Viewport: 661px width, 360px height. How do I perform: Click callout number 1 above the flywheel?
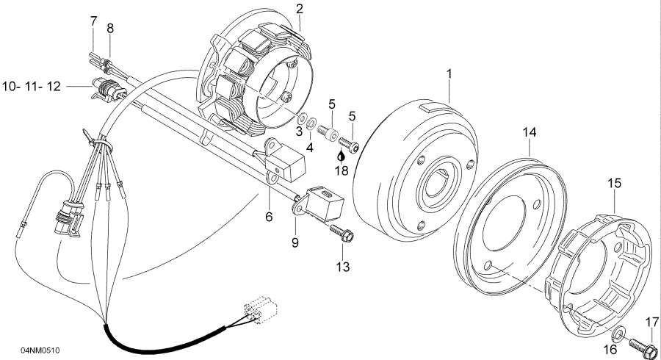449,74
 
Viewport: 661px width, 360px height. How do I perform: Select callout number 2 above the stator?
299,10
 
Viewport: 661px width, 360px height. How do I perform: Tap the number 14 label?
530,132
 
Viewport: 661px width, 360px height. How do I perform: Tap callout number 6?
269,217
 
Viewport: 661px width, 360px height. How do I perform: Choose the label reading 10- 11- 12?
31,87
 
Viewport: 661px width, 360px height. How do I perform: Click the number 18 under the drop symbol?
342,170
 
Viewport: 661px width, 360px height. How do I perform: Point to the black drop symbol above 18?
341,156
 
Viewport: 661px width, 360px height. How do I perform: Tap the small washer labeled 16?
622,335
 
